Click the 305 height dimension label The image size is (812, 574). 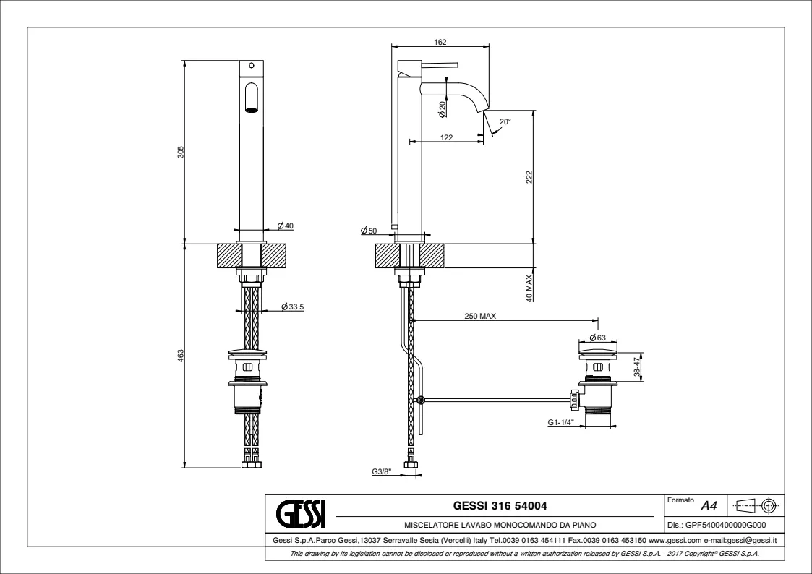[181, 152]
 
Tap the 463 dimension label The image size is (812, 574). [181, 356]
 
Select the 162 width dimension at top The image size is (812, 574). [440, 42]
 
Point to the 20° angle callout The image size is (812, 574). [505, 121]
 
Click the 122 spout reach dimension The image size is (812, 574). [446, 137]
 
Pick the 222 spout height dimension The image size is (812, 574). [529, 177]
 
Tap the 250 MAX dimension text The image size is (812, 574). [480, 316]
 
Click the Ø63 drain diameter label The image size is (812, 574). [597, 338]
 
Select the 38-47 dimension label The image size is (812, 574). [637, 367]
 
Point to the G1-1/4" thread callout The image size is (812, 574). [561, 422]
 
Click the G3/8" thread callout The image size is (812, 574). [382, 471]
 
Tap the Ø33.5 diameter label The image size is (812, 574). [293, 307]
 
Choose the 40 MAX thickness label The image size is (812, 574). [529, 288]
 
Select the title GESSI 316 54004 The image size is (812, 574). [500, 505]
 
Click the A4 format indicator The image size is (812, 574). [709, 505]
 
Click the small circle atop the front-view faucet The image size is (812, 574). [252, 66]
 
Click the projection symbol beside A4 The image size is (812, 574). [756, 505]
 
